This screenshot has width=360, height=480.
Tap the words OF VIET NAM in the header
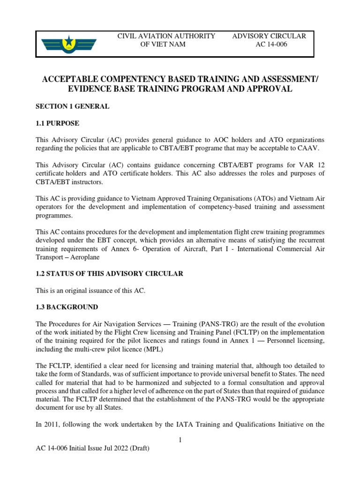[x=163, y=45]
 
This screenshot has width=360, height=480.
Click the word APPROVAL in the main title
[x=268, y=89]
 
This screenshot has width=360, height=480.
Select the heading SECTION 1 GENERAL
[x=73, y=106]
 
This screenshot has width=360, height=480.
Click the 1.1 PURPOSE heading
[x=58, y=123]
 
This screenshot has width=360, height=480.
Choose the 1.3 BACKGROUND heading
[x=67, y=307]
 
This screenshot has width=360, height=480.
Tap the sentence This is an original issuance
[x=91, y=291]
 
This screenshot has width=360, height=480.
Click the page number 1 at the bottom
[x=180, y=440]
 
